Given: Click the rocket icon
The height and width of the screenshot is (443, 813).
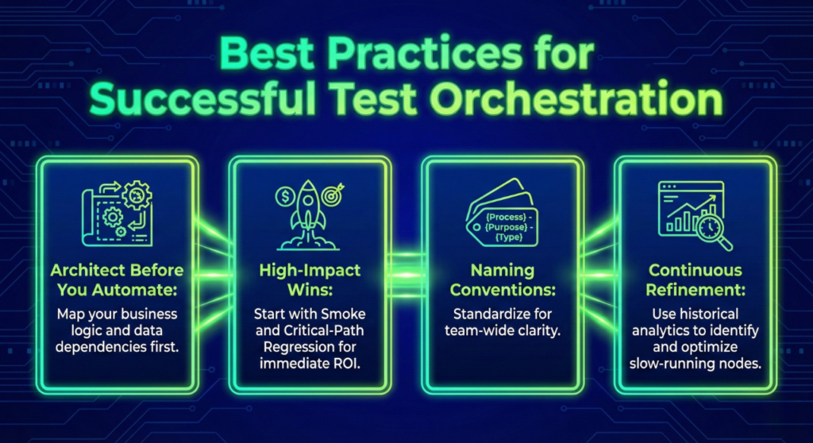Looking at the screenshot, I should coord(305,213).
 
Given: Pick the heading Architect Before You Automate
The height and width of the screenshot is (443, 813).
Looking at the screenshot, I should coord(117,280).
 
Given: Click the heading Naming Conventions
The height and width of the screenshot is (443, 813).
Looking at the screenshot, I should coord(503,280).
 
